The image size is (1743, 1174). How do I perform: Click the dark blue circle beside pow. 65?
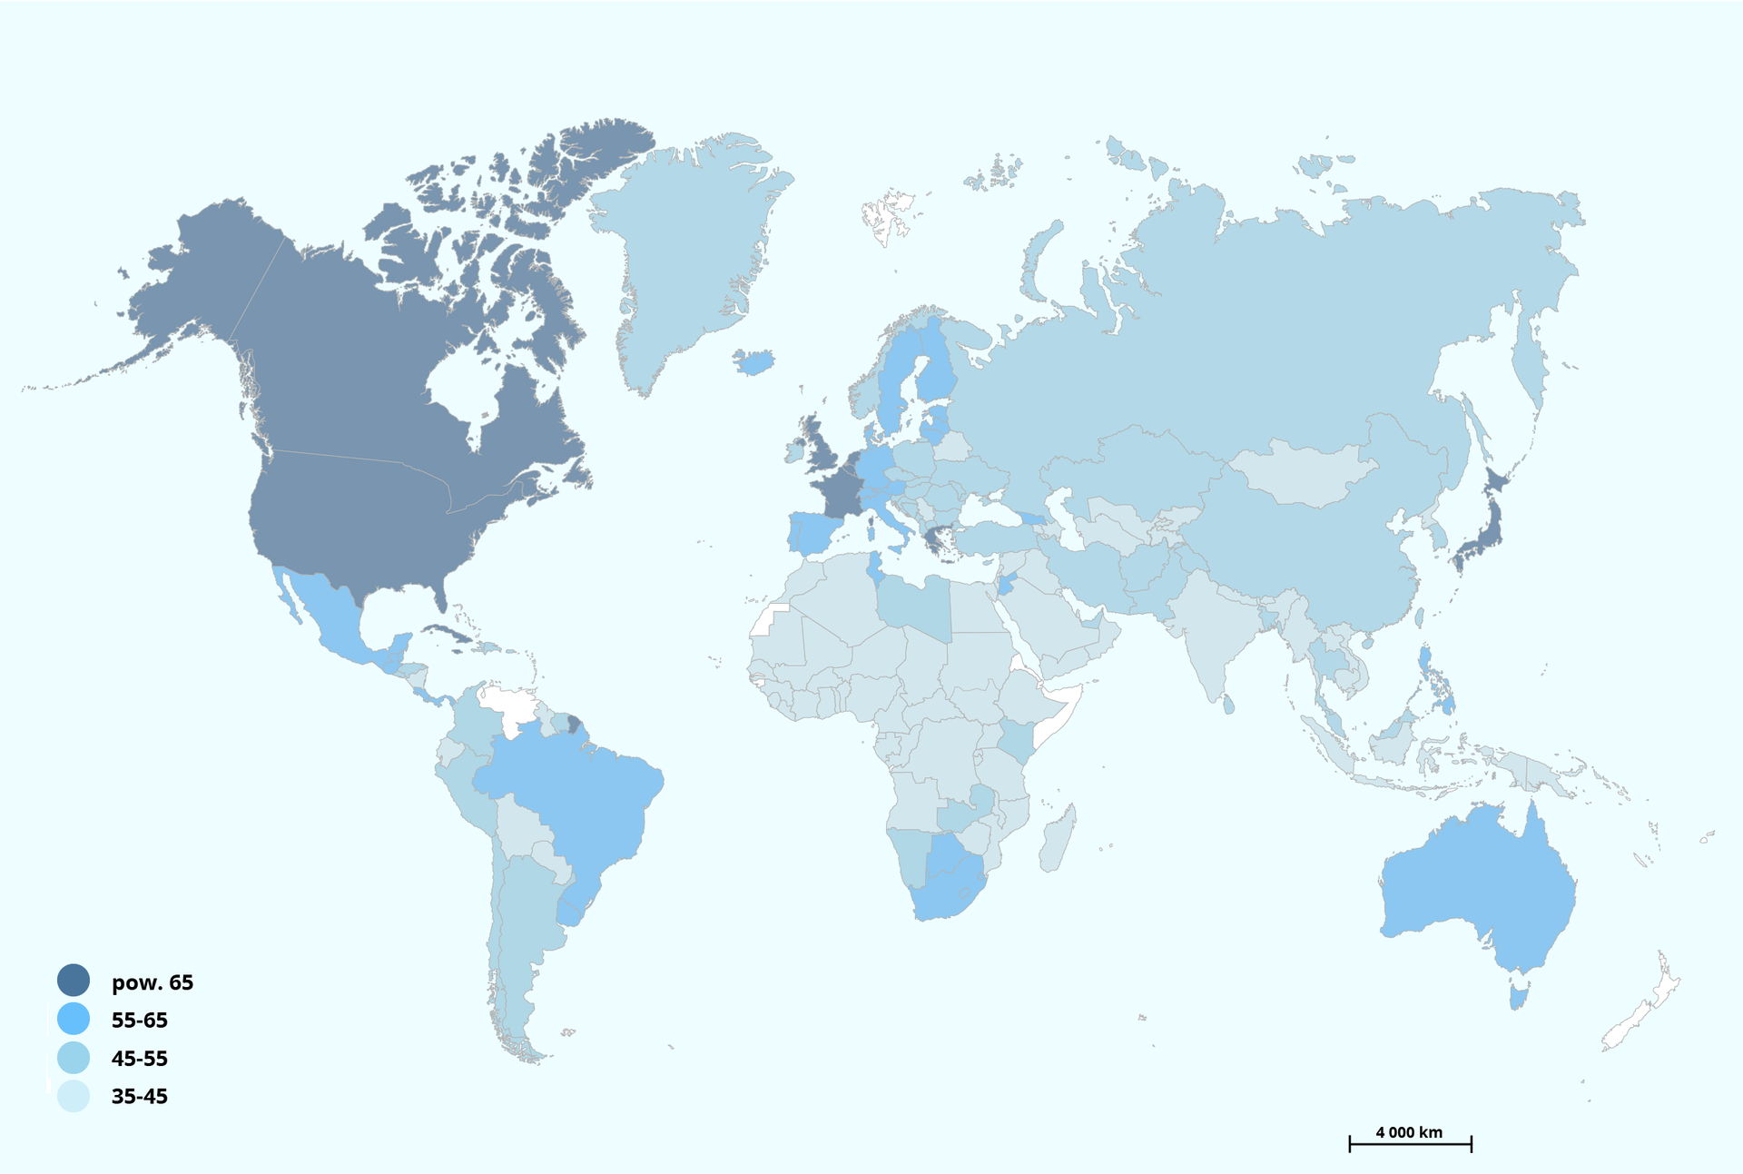click(x=74, y=981)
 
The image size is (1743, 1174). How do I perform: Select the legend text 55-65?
click(x=140, y=1021)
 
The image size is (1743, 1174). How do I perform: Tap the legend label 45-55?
click(x=140, y=1059)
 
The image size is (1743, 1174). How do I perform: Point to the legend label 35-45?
click(x=140, y=1097)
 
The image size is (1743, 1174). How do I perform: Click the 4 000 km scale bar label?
click(x=1409, y=1132)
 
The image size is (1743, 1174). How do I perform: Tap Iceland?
click(x=753, y=362)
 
